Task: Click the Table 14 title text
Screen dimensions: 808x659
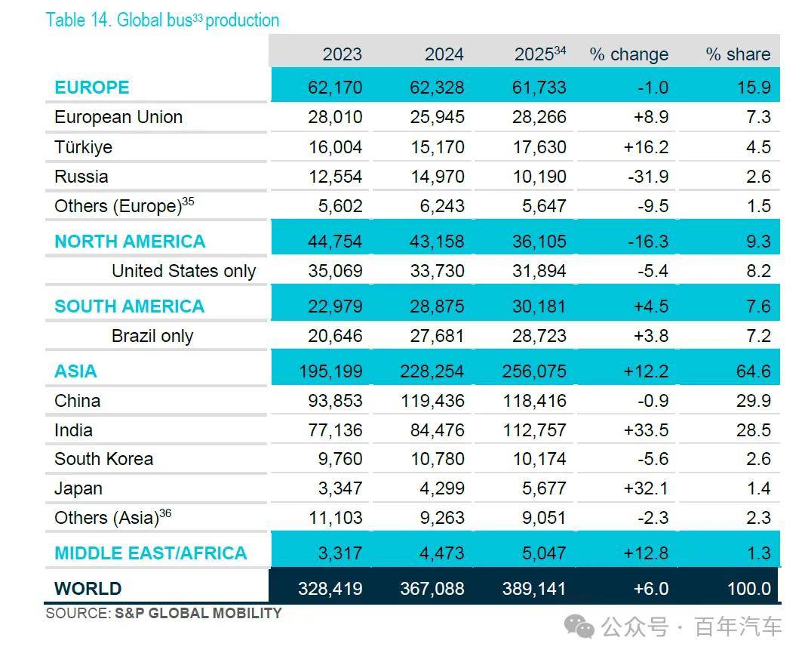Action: (162, 20)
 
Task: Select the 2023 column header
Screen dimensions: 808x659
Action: (343, 54)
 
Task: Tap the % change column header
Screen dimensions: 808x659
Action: (628, 54)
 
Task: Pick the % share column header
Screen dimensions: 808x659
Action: (738, 54)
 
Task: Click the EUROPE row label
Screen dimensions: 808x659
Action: (92, 87)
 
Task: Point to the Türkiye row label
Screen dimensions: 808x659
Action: (84, 147)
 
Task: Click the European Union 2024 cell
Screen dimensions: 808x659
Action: (437, 117)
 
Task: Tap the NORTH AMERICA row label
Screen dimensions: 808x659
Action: (130, 242)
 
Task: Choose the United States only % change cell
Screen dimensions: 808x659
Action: (653, 271)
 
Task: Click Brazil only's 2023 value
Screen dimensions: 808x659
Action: (335, 336)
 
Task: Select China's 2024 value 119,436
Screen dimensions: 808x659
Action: (432, 401)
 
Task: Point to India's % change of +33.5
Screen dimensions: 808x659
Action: (647, 430)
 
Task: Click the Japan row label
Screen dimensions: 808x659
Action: (78, 488)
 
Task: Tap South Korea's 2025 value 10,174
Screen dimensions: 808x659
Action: (539, 459)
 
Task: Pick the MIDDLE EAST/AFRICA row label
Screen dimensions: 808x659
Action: (150, 553)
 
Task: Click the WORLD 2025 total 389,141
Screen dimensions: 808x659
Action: (534, 588)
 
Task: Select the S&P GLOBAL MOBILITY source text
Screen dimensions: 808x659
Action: (198, 613)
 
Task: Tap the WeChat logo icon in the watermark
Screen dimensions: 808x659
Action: (579, 626)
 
